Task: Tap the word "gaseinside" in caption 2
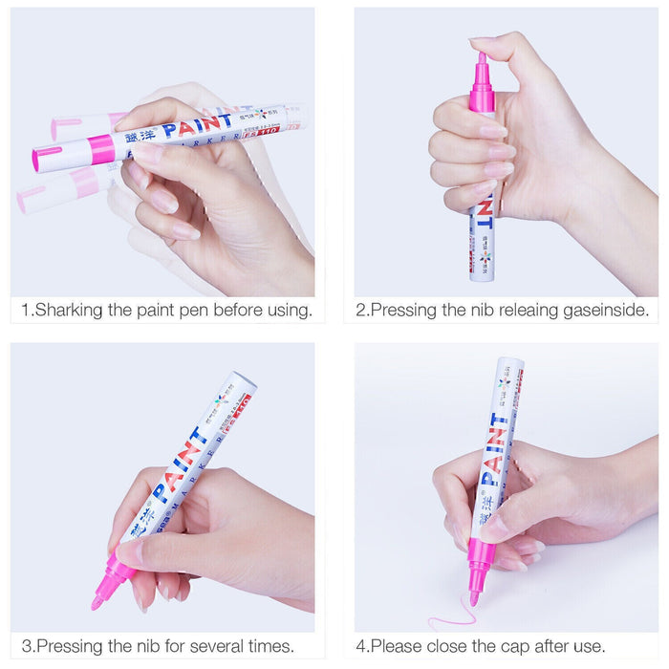coord(601,311)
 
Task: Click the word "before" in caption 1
coord(232,311)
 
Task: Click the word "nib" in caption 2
coord(474,311)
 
